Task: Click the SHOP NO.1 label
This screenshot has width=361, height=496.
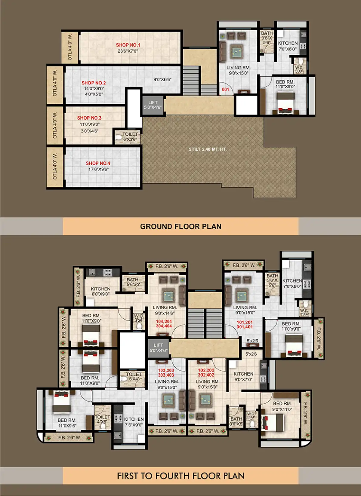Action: pos(128,45)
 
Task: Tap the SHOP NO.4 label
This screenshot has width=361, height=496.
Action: pos(98,163)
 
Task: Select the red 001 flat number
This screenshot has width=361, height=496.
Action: pos(226,89)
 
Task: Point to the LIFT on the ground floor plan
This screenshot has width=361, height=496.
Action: pos(153,105)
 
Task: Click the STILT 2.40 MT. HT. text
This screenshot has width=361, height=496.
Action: pos(208,149)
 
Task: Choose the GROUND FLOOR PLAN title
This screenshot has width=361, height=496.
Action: pos(181,226)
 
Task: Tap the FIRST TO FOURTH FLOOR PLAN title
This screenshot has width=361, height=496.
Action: pos(181,476)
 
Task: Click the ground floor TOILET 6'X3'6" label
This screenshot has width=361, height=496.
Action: pos(130,137)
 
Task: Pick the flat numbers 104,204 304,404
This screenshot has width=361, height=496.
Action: pos(164,324)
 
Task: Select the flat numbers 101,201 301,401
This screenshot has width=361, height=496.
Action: pos(245,324)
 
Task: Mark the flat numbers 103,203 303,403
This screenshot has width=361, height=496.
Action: pos(166,373)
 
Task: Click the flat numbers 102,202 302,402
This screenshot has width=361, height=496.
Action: pos(206,373)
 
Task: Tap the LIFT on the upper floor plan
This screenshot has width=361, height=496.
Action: pos(158,348)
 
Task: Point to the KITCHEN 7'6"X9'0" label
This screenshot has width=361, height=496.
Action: pos(134,422)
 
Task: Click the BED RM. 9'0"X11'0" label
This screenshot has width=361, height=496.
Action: pos(282,406)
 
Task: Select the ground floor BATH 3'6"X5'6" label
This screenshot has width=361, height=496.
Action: pos(267,38)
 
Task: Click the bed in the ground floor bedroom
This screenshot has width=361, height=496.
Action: pos(285,102)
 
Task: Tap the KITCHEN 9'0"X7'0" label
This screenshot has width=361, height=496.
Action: pos(243,377)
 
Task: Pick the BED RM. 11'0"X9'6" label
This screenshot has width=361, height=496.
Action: pos(67,423)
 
